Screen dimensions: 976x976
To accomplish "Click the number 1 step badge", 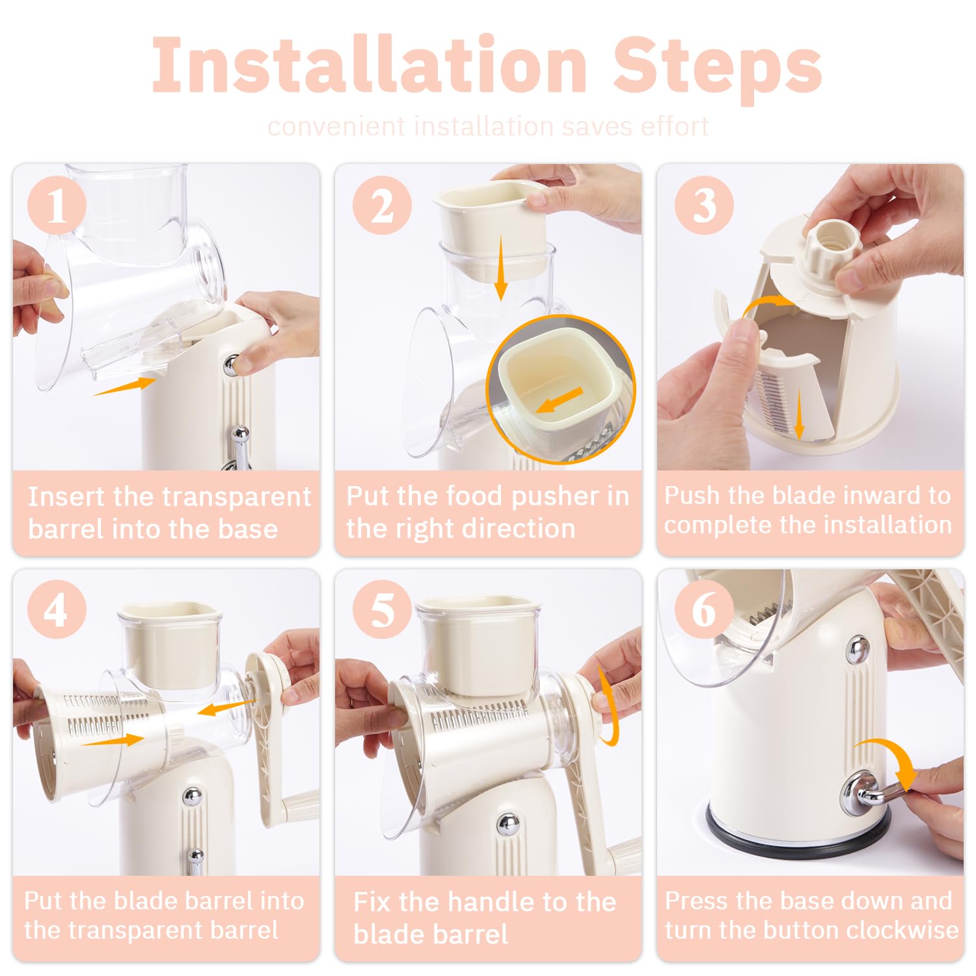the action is tap(57, 206).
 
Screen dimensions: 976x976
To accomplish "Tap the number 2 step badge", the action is tap(382, 206).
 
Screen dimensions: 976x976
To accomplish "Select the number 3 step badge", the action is tap(704, 206).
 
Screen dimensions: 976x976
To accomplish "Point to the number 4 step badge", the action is tap(57, 610).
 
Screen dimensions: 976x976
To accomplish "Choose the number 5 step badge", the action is tap(382, 610).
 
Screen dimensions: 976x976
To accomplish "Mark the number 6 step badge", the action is tap(704, 610).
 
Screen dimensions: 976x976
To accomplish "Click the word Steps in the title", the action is tap(717, 69).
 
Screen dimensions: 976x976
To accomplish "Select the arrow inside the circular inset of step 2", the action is tap(560, 400).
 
